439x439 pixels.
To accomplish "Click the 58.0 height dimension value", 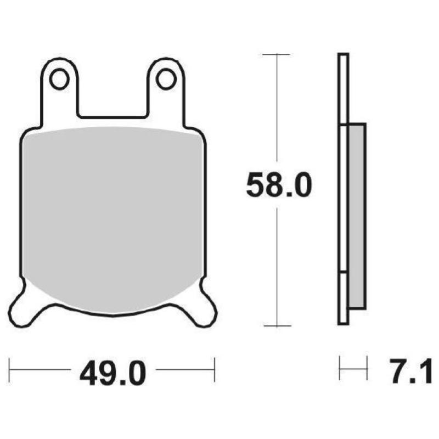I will (x=278, y=185).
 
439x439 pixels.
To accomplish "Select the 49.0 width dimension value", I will (x=112, y=374).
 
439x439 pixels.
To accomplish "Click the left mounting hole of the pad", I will (x=59, y=79).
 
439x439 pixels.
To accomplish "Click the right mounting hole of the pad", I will (x=165, y=79).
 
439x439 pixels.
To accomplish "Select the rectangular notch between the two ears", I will (x=112, y=104).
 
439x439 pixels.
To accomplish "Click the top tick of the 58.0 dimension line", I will (x=276, y=54).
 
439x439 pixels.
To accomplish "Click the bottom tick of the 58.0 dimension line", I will (x=276, y=326).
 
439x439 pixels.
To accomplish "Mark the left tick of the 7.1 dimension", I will (x=340, y=368).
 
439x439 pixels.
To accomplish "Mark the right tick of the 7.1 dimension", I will (x=367, y=368).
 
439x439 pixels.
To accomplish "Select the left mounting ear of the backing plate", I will (x=59, y=88).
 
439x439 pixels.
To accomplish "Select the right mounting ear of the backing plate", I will (x=166, y=88).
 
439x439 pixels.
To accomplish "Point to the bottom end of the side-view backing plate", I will (x=343, y=321).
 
